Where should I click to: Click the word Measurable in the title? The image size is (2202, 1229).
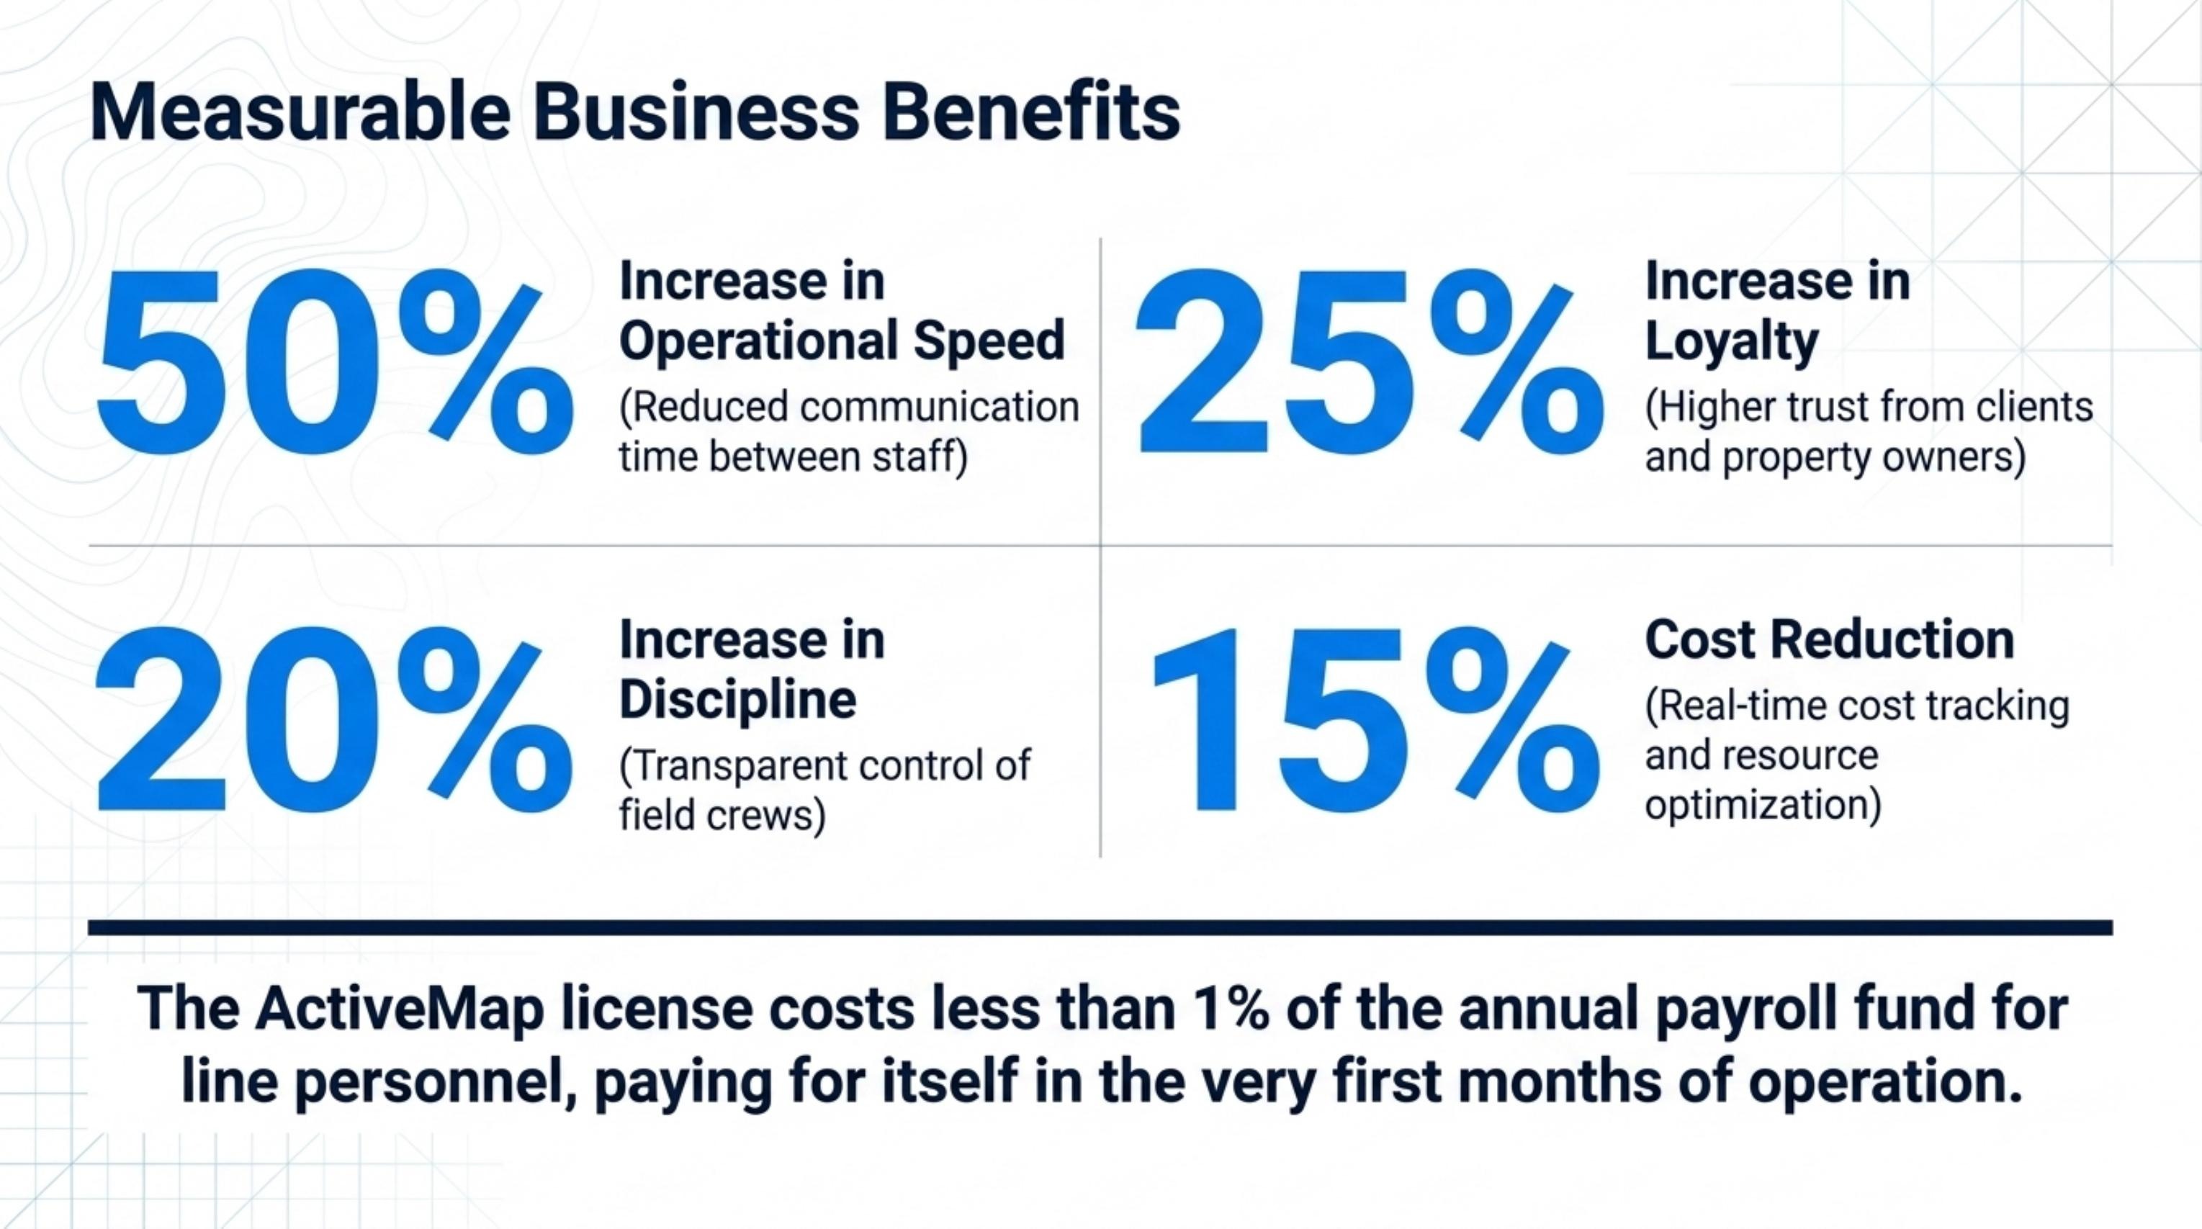[x=299, y=113]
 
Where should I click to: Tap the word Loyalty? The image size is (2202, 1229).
[x=1732, y=342]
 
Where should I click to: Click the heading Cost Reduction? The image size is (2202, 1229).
[x=1829, y=639]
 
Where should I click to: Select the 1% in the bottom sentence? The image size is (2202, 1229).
[x=1216, y=1009]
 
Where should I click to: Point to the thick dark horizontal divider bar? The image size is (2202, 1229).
[x=1100, y=927]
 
